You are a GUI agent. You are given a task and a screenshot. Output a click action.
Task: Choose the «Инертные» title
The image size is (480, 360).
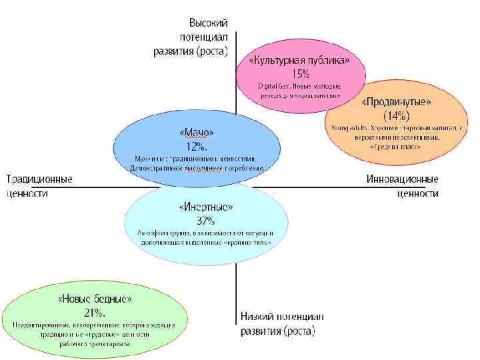pos(205,207)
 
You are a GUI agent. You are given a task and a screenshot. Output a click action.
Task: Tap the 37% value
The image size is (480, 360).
pos(205,219)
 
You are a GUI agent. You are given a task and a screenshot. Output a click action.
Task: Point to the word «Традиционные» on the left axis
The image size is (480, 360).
pos(40,179)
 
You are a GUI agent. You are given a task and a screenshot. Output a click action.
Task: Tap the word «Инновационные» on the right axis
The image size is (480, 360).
pos(403,179)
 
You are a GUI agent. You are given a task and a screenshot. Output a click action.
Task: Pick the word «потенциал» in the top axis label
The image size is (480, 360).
pos(204,36)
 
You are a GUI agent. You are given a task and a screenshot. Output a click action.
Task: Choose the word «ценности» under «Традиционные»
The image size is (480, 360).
pos(27,193)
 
